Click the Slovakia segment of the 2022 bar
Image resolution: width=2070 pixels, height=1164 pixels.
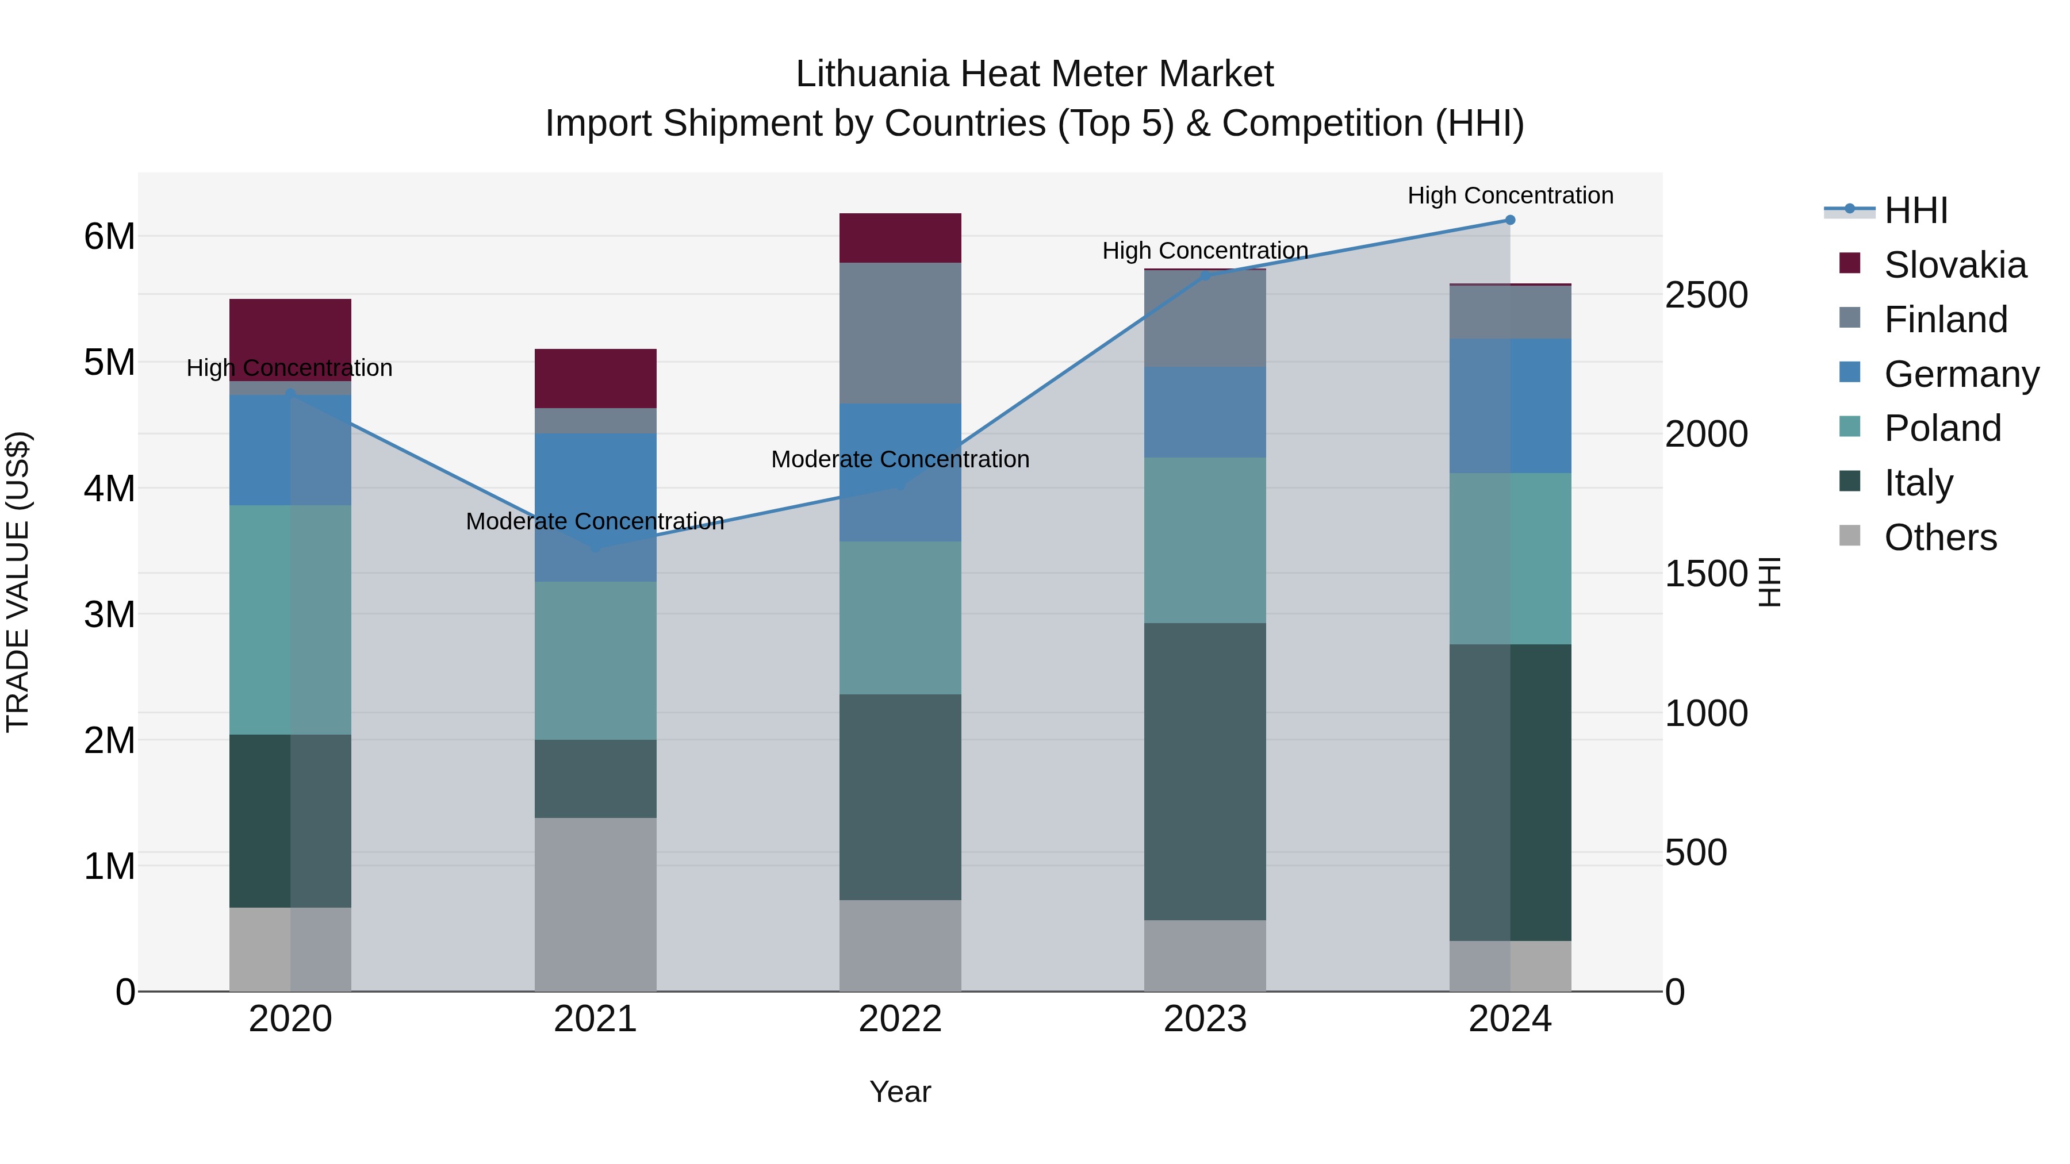coord(900,238)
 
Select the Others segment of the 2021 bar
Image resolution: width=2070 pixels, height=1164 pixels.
coord(596,905)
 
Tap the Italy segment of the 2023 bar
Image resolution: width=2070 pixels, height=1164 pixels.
coord(1205,771)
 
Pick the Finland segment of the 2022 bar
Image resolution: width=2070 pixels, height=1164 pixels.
coord(900,333)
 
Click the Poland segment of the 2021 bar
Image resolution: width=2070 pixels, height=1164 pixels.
coord(596,660)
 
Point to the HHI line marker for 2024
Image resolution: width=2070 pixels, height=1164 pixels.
coord(1510,220)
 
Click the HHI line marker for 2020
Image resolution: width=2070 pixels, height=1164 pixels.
coord(290,394)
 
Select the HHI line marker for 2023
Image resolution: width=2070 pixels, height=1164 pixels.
coord(1205,275)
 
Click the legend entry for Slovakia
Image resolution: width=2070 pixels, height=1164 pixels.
coord(1954,265)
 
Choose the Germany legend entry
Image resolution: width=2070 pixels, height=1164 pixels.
coord(1961,374)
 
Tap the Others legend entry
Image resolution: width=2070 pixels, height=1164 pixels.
coord(1940,537)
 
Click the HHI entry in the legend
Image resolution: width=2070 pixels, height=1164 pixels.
coord(1916,210)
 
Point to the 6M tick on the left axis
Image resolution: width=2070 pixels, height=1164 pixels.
coord(109,236)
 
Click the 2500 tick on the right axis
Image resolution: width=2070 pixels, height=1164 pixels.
coord(1706,295)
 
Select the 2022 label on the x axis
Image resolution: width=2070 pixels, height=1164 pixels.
coord(900,1019)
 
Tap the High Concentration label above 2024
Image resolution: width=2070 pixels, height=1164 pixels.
coord(1510,195)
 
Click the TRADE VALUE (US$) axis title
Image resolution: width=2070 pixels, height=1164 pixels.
coord(18,582)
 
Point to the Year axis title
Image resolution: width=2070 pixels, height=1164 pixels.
coord(900,1092)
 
